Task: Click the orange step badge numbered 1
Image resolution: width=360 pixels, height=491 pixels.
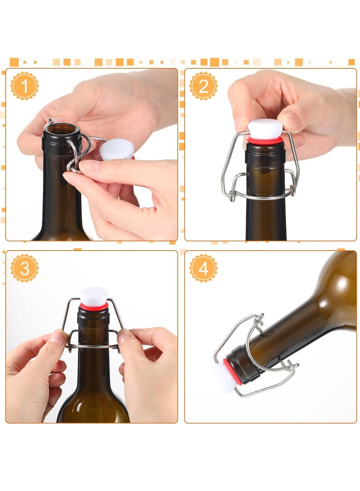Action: [24, 86]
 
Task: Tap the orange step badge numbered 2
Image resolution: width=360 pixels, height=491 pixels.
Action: [203, 86]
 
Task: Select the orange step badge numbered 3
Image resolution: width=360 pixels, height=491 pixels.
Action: [24, 268]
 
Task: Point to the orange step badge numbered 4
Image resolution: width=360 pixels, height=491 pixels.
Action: [203, 268]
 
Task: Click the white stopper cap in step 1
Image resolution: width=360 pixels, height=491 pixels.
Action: [117, 150]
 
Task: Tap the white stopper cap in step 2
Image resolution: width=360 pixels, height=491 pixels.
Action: [265, 129]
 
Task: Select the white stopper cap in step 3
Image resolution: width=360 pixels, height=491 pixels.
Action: [94, 296]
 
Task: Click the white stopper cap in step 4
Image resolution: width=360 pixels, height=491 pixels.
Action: [223, 378]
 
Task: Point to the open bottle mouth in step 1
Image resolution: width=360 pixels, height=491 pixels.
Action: [62, 129]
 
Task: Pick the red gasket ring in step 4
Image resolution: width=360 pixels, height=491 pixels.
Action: [232, 371]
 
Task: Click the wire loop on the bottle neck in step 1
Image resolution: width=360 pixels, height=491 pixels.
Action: [72, 156]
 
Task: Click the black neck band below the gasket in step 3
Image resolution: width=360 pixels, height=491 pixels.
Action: [94, 317]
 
